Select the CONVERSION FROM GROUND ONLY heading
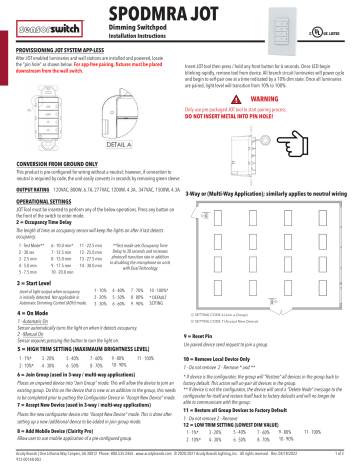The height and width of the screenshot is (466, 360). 58,162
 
